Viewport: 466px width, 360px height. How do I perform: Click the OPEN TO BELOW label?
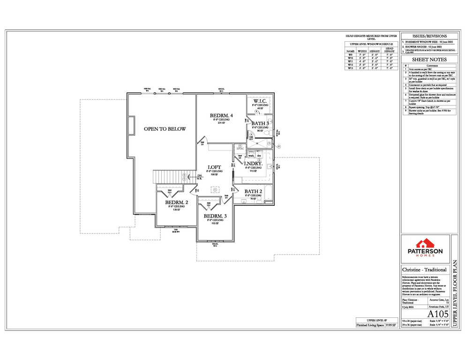(165, 129)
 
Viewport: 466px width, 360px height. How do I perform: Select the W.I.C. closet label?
(260, 101)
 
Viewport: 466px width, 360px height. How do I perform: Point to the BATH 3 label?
(260, 123)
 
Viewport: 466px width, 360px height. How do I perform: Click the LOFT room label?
(214, 167)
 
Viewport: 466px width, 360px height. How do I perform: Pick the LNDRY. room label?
(256, 164)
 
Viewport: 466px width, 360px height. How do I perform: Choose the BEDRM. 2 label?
(176, 203)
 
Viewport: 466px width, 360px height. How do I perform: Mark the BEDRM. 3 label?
(215, 216)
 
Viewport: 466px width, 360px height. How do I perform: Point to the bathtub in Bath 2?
(268, 193)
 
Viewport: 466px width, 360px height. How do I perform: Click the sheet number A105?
(436, 314)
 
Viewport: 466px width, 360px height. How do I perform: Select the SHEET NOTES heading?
(429, 60)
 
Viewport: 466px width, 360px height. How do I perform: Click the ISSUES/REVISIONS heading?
(429, 36)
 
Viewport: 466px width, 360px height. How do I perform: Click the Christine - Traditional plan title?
(424, 270)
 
